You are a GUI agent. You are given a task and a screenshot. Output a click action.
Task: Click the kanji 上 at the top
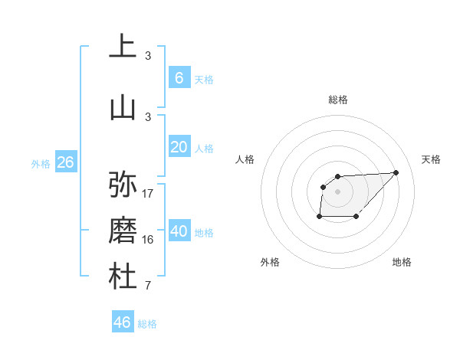(123, 47)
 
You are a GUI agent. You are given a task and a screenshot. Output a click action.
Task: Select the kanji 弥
(123, 185)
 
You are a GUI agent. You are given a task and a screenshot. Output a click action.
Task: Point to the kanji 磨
(123, 231)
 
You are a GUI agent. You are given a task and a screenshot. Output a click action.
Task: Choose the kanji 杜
(123, 277)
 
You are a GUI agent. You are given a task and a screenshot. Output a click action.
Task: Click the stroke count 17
(148, 193)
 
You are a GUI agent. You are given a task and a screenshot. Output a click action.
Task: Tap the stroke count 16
(148, 240)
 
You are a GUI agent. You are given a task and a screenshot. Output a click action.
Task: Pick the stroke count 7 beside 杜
(148, 286)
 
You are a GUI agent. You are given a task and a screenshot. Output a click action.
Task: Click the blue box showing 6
(179, 77)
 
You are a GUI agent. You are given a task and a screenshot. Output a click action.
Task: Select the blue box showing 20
(179, 147)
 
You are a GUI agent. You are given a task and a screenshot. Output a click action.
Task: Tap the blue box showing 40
(179, 231)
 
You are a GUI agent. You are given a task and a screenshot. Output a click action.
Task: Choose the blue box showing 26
(65, 162)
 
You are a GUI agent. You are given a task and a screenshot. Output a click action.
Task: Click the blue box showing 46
(123, 322)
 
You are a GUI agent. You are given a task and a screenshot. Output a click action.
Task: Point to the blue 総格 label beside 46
(147, 324)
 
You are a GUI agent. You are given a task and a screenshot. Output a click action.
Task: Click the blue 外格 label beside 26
(40, 163)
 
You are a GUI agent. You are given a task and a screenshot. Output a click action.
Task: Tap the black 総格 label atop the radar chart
(337, 100)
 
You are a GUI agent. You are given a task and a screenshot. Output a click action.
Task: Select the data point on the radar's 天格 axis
(396, 172)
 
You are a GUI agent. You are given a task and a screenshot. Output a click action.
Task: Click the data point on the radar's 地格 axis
(356, 218)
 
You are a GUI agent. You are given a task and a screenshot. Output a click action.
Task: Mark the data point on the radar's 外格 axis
(319, 218)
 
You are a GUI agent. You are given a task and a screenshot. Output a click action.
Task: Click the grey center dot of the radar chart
(337, 191)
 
